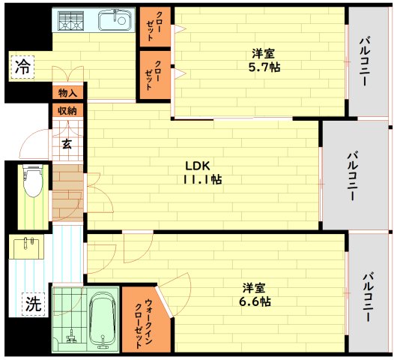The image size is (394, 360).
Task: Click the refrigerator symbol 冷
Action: click(22, 66)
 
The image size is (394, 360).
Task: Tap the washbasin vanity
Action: click(29, 247)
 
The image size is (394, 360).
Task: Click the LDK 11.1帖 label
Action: click(201, 172)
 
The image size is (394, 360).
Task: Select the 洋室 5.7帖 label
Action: click(262, 60)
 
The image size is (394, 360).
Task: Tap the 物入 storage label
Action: click(67, 93)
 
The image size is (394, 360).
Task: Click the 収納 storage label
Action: click(67, 110)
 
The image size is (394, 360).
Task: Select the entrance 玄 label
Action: click(67, 145)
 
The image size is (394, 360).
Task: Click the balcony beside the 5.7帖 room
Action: click(369, 60)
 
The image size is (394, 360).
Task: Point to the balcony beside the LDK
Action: click(351, 174)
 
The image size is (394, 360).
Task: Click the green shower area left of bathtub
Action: click(68, 319)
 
